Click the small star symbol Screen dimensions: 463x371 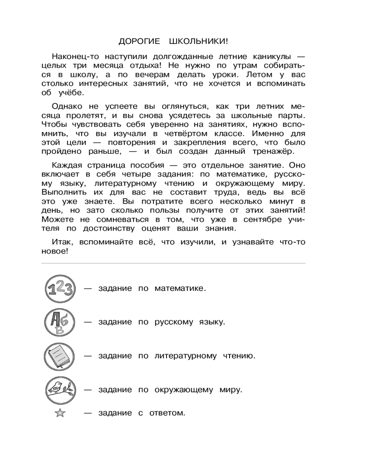click(x=60, y=413)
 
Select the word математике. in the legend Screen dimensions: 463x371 click(x=179, y=288)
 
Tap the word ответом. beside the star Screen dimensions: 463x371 click(x=166, y=413)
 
